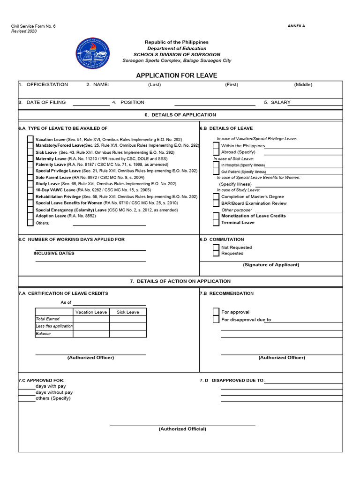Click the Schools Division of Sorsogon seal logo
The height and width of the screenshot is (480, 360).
94,53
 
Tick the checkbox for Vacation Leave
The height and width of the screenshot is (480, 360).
30,139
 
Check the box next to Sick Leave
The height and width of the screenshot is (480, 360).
30,152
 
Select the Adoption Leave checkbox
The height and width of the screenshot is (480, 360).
30,216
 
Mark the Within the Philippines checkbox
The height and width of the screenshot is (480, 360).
216,146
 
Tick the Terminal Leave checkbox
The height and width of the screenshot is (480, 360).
216,223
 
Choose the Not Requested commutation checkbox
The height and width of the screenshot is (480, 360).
216,247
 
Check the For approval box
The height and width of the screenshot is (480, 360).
216,312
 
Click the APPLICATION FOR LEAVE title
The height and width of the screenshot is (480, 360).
176,75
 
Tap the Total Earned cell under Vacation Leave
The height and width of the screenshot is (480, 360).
91,319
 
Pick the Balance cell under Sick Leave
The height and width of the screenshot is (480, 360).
127,334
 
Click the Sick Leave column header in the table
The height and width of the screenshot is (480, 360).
127,312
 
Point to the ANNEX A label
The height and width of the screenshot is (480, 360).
296,26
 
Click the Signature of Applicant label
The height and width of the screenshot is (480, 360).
270,265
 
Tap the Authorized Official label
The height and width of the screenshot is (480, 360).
182,429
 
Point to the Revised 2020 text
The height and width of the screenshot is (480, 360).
24,31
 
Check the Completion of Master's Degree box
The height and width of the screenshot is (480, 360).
216,197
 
